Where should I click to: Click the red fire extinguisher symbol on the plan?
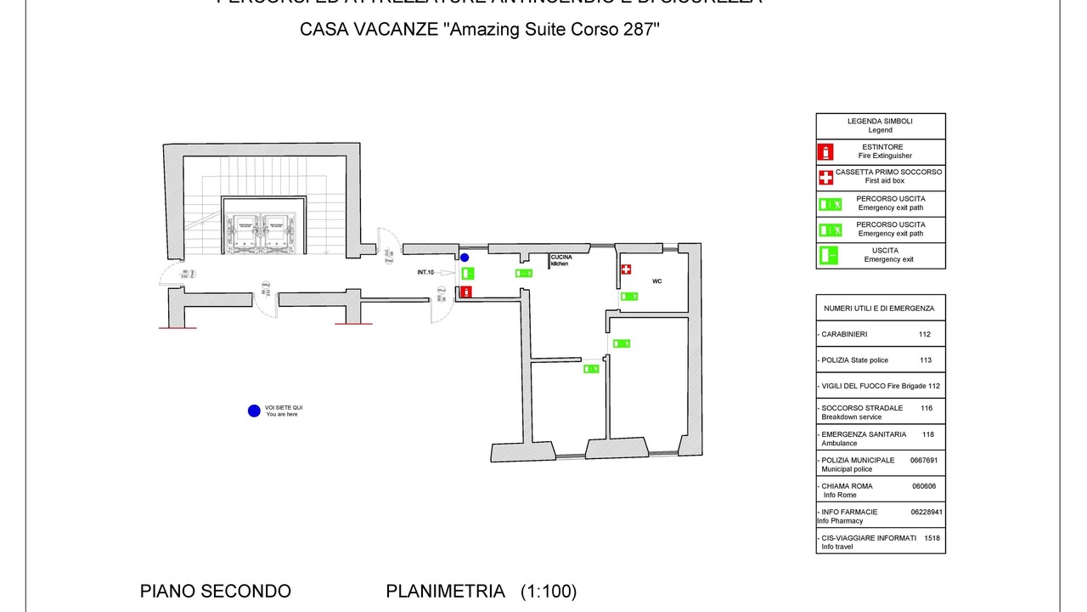pyautogui.click(x=466, y=292)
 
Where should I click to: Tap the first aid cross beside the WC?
pyautogui.click(x=626, y=269)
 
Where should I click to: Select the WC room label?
pyautogui.click(x=656, y=280)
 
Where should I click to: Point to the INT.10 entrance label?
pyautogui.click(x=426, y=272)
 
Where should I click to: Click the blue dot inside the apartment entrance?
pyautogui.click(x=465, y=258)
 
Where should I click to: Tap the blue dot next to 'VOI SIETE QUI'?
pyautogui.click(x=253, y=411)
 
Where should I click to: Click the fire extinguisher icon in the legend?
pyautogui.click(x=825, y=152)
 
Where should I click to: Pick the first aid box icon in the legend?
pyautogui.click(x=825, y=178)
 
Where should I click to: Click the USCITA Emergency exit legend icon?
pyautogui.click(x=826, y=254)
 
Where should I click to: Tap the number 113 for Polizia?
pyautogui.click(x=925, y=360)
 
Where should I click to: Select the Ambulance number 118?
pyautogui.click(x=927, y=434)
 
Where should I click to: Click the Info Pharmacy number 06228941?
pyautogui.click(x=926, y=513)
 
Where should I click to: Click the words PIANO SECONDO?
pyautogui.click(x=216, y=592)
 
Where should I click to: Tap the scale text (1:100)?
pyautogui.click(x=549, y=592)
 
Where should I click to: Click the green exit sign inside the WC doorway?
pyautogui.click(x=629, y=296)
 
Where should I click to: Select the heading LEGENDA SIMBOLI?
pyautogui.click(x=880, y=122)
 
